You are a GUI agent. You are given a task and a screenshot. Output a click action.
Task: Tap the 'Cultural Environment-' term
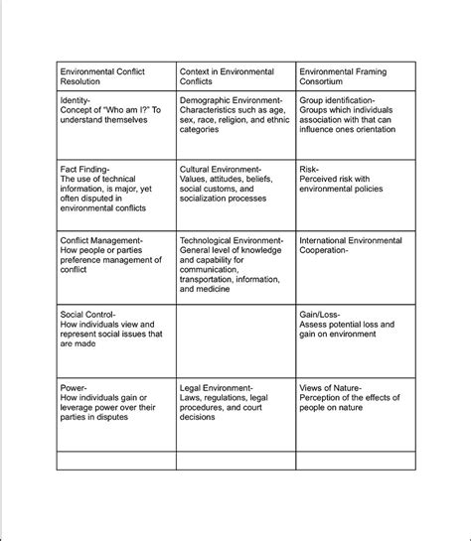click(220, 170)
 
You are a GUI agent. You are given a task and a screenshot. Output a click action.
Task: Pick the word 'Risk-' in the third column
click(309, 170)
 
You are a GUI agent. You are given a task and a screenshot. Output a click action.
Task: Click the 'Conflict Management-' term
click(101, 240)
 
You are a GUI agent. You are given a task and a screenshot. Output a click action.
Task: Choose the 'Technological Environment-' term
click(232, 240)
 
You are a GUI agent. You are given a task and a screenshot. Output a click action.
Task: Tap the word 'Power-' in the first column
click(74, 387)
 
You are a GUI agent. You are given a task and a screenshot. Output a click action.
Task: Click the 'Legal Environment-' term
click(216, 387)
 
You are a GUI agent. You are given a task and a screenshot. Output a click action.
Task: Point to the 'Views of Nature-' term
click(330, 387)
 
